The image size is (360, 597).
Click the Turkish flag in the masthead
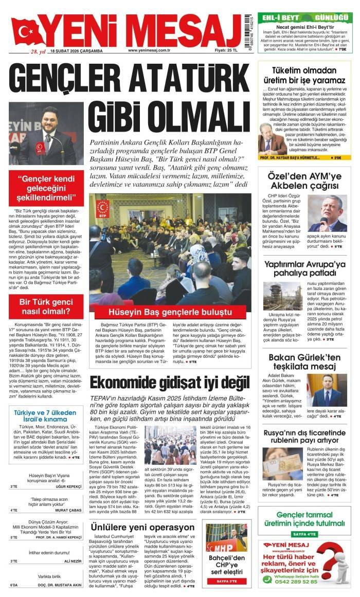(x=25, y=32)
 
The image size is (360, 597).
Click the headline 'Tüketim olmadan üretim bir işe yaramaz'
(x=301, y=76)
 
